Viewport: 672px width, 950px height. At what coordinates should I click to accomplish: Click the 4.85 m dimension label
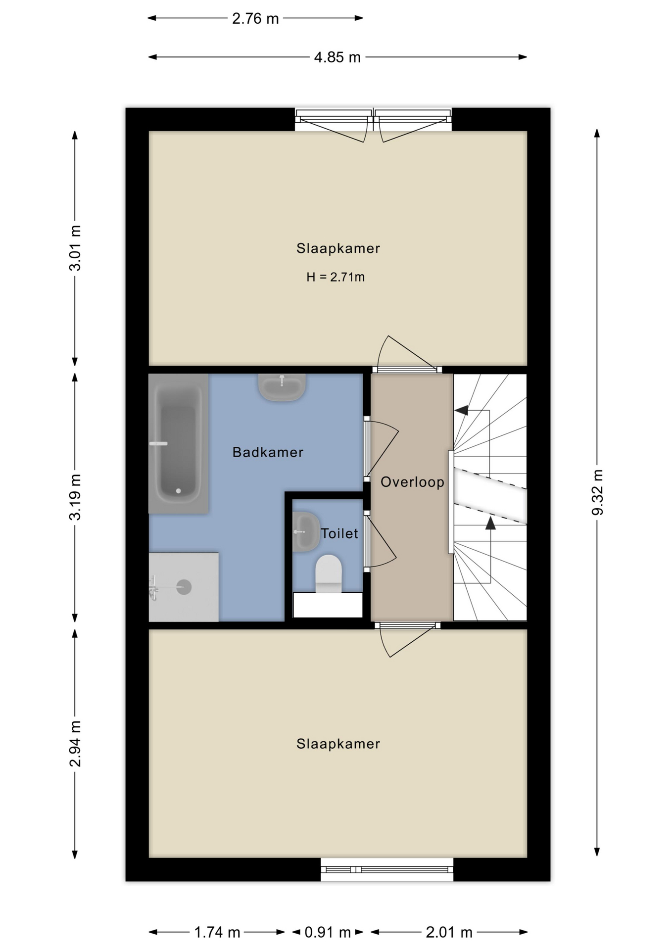[337, 57]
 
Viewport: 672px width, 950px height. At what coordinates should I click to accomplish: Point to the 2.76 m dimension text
[255, 19]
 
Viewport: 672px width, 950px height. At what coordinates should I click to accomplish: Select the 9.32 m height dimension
[597, 492]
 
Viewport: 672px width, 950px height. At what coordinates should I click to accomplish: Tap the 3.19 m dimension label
[75, 497]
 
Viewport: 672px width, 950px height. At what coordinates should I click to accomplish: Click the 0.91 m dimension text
[328, 933]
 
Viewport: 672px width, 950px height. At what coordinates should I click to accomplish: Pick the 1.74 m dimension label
[217, 933]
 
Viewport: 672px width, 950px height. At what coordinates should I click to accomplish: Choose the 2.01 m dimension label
[449, 933]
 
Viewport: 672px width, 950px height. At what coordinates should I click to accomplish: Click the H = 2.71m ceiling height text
[336, 277]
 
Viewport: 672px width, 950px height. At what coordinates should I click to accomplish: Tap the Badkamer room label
[268, 452]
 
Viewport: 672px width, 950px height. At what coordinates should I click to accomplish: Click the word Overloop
[412, 482]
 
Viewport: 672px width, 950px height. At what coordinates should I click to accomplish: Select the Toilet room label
[339, 533]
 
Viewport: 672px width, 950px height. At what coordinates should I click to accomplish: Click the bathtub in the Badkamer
[179, 443]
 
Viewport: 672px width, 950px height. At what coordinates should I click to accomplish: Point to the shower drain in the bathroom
[184, 587]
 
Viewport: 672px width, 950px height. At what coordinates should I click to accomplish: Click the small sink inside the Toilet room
[306, 532]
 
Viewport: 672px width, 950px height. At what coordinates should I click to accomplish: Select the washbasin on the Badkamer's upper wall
[282, 387]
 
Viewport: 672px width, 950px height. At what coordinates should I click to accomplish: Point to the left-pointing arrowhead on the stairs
[461, 410]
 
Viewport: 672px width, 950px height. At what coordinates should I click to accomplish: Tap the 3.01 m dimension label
[75, 248]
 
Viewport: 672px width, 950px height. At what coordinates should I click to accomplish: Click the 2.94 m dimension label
[75, 744]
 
